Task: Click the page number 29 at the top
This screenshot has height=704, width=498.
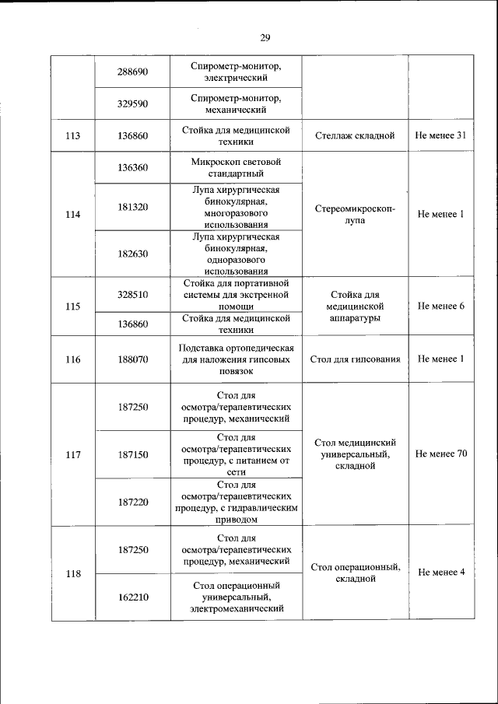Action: (265, 37)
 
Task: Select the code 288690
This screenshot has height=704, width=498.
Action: (132, 72)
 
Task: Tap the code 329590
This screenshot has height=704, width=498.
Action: (132, 103)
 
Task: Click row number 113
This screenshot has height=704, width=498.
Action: (73, 136)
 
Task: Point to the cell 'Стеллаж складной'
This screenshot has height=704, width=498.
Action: (355, 136)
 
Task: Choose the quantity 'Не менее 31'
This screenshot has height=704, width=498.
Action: (440, 136)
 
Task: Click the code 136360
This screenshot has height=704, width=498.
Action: (132, 167)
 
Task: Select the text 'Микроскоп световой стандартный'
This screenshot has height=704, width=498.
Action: (236, 167)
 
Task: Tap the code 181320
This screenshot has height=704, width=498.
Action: (132, 207)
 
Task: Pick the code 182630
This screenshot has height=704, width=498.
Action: (132, 254)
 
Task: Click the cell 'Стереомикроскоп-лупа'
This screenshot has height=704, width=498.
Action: (355, 214)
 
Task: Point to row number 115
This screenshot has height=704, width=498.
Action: (73, 306)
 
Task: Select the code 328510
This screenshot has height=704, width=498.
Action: (132, 295)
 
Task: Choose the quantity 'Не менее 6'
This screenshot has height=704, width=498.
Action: (440, 306)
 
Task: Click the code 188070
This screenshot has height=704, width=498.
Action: (132, 360)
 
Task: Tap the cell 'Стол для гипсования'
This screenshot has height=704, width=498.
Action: (355, 359)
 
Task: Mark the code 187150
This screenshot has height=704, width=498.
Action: (132, 454)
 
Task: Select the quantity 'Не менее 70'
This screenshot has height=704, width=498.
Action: (440, 454)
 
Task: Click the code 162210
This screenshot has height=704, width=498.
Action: (132, 597)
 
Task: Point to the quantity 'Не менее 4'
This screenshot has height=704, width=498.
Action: (440, 573)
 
